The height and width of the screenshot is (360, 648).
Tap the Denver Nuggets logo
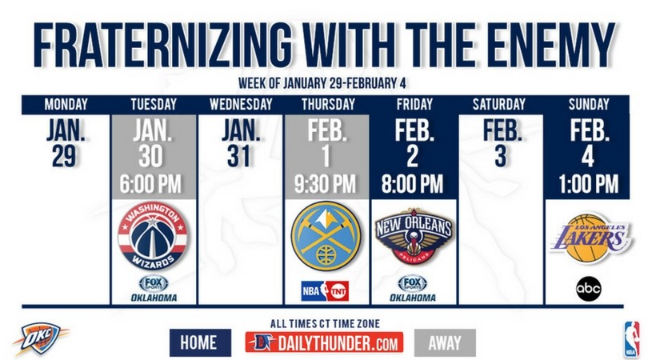pos(326,234)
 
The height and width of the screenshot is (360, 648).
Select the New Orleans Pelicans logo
pos(414,237)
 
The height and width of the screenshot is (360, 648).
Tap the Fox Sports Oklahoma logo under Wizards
pos(154,289)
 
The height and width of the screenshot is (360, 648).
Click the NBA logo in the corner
pos(632,339)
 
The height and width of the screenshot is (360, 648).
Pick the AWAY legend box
pos(445,342)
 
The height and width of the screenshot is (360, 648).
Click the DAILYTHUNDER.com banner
pos(324,343)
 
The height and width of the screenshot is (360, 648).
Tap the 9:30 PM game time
pos(326,184)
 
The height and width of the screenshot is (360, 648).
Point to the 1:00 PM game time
pos(587,184)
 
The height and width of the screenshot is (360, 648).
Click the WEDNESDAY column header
pos(240,104)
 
